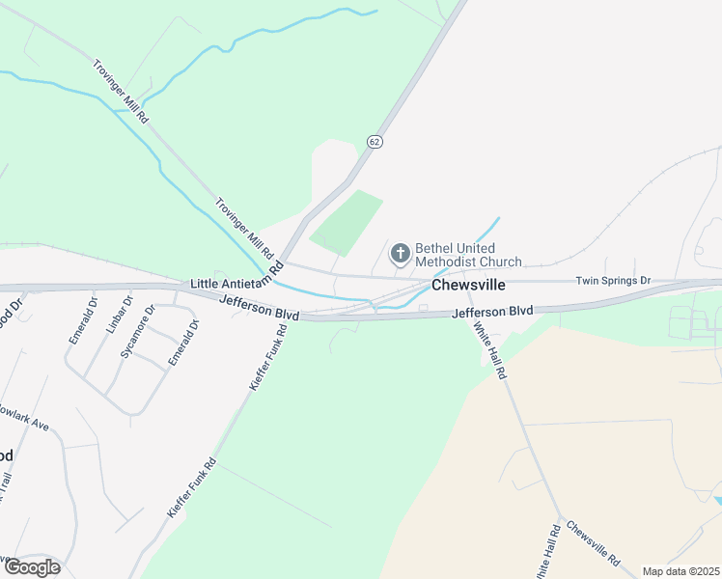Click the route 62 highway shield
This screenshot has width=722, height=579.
(x=375, y=142)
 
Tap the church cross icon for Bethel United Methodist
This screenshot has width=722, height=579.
(x=400, y=255)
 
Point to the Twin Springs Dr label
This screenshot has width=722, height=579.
(x=614, y=280)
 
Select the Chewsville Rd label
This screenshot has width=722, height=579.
(x=593, y=544)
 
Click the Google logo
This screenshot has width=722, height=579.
(x=31, y=567)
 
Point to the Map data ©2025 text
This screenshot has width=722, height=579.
(x=680, y=571)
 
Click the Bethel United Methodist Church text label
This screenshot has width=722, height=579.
(x=468, y=255)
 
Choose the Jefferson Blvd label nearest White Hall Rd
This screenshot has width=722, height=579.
(x=492, y=311)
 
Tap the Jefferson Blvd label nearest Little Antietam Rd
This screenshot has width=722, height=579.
(x=259, y=309)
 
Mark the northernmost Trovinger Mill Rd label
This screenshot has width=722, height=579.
(x=121, y=92)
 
